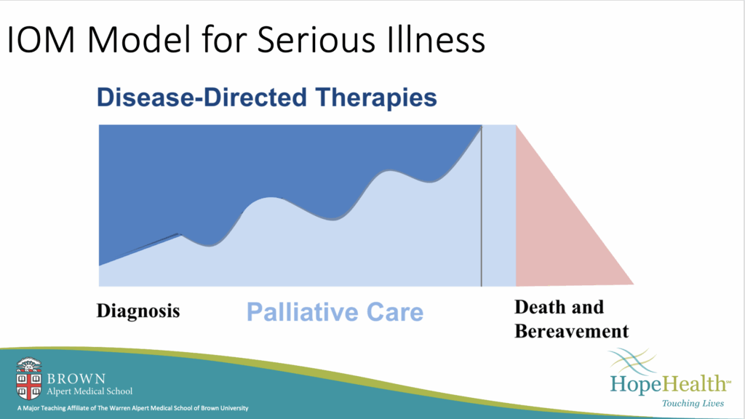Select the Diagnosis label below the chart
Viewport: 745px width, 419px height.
(138, 311)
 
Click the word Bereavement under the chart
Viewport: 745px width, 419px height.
(572, 331)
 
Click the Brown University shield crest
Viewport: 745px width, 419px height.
(28, 378)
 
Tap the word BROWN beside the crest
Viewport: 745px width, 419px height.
(76, 378)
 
